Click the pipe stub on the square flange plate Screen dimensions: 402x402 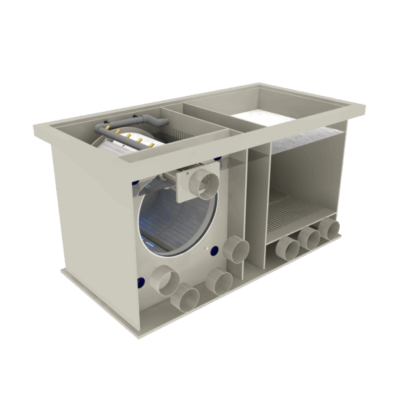click(x=202, y=182)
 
